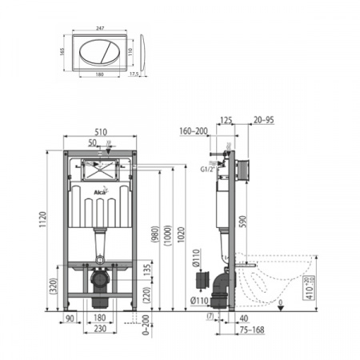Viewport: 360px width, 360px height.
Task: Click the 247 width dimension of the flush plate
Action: click(99, 27)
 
